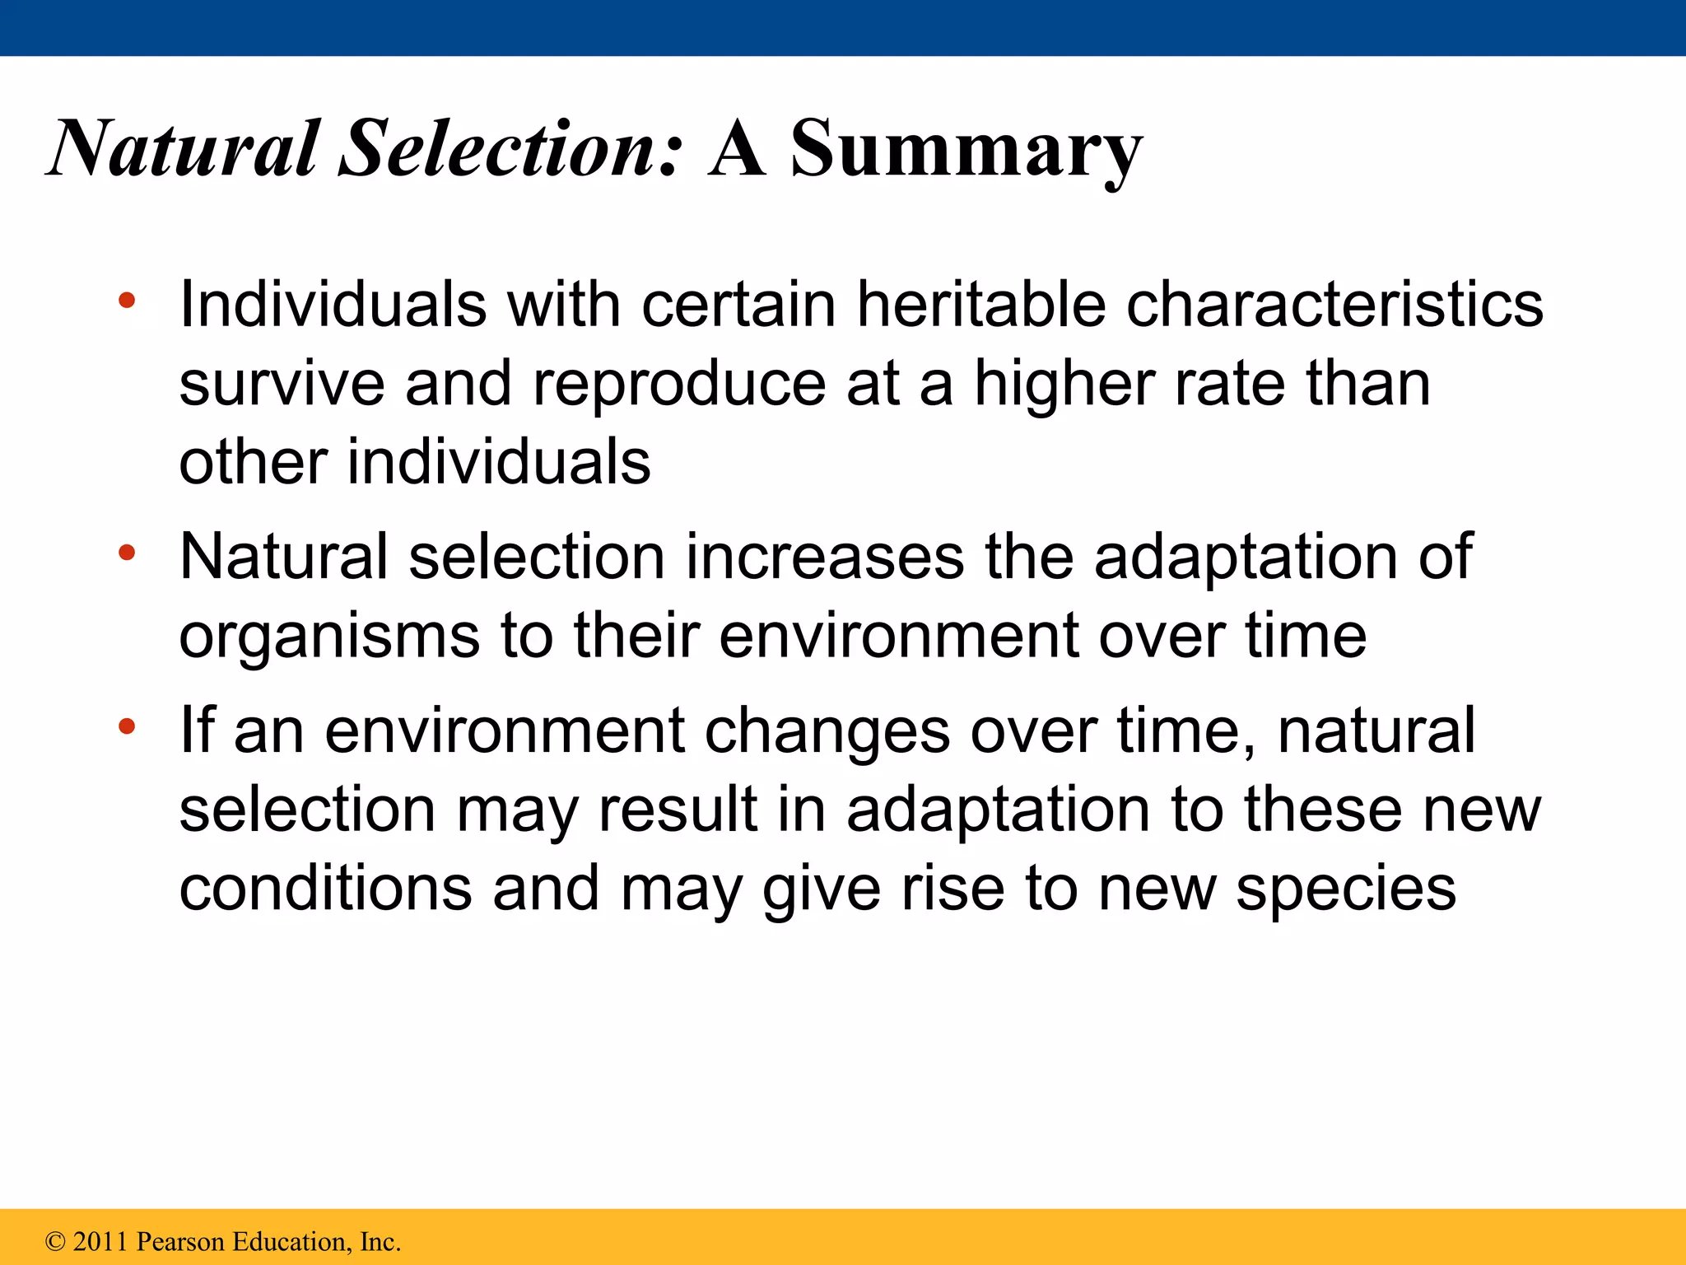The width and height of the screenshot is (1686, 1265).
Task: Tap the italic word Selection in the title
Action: click(510, 148)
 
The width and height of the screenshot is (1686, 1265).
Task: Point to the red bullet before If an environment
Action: click(126, 726)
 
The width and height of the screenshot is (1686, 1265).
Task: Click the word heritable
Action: click(980, 305)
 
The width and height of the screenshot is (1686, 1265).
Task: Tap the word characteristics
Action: click(1334, 305)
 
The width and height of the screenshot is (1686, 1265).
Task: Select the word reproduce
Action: click(679, 385)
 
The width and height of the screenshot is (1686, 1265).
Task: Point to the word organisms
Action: click(329, 637)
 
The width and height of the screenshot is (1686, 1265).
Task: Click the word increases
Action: click(824, 558)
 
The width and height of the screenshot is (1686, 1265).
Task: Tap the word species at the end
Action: click(1346, 889)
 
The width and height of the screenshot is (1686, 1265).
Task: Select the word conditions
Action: click(325, 889)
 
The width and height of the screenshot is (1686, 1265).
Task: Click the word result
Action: click(677, 810)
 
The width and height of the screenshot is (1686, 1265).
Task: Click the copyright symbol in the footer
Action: click(55, 1242)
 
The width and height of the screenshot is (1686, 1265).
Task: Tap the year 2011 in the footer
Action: click(101, 1242)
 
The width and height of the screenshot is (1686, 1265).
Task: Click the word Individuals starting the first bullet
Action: click(333, 305)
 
